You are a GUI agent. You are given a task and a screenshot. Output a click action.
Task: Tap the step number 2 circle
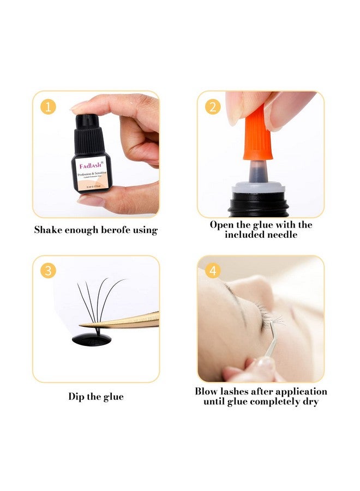pos(213,106)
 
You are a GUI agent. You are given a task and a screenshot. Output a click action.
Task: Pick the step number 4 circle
pos(213,271)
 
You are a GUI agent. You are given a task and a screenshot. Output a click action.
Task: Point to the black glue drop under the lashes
pos(92,339)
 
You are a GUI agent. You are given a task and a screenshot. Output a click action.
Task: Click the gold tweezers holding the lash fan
pos(131,321)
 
